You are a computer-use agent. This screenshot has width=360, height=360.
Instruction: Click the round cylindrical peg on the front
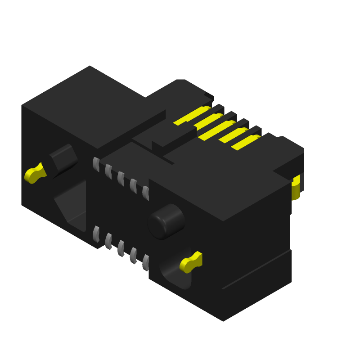click(x=166, y=221)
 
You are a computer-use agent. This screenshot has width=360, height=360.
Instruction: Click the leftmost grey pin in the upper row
click(x=96, y=164)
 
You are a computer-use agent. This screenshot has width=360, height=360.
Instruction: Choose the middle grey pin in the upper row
click(x=121, y=179)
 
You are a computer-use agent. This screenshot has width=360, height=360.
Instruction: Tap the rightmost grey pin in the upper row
click(x=146, y=193)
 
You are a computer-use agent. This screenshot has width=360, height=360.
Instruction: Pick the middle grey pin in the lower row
click(x=121, y=248)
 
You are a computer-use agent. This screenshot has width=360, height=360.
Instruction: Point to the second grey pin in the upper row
click(x=108, y=171)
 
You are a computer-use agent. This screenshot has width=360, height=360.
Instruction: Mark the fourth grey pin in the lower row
click(x=133, y=256)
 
